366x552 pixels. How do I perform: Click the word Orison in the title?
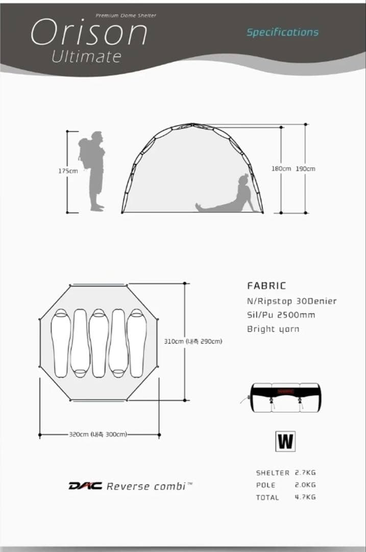tap(89, 32)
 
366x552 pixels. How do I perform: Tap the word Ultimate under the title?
tap(86, 57)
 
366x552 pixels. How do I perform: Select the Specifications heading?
tap(282, 32)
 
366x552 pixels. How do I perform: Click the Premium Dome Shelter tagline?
tap(126, 15)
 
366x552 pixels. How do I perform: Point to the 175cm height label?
tap(68, 171)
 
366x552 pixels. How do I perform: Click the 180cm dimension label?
tap(281, 169)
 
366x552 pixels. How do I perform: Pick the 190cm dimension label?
tap(305, 169)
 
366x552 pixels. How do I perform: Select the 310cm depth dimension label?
tap(193, 341)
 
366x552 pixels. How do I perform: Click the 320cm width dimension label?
tap(98, 434)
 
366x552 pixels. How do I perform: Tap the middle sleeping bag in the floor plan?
tap(99, 343)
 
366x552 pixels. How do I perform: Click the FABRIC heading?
tap(266, 286)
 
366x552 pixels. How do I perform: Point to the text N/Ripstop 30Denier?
tap(292, 302)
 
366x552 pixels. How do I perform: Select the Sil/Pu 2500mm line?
tap(281, 315)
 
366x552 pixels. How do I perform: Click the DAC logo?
tap(85, 486)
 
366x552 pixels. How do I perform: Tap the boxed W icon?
tap(285, 442)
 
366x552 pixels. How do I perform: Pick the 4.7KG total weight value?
tap(305, 497)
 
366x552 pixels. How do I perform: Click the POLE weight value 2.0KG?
tap(305, 485)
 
